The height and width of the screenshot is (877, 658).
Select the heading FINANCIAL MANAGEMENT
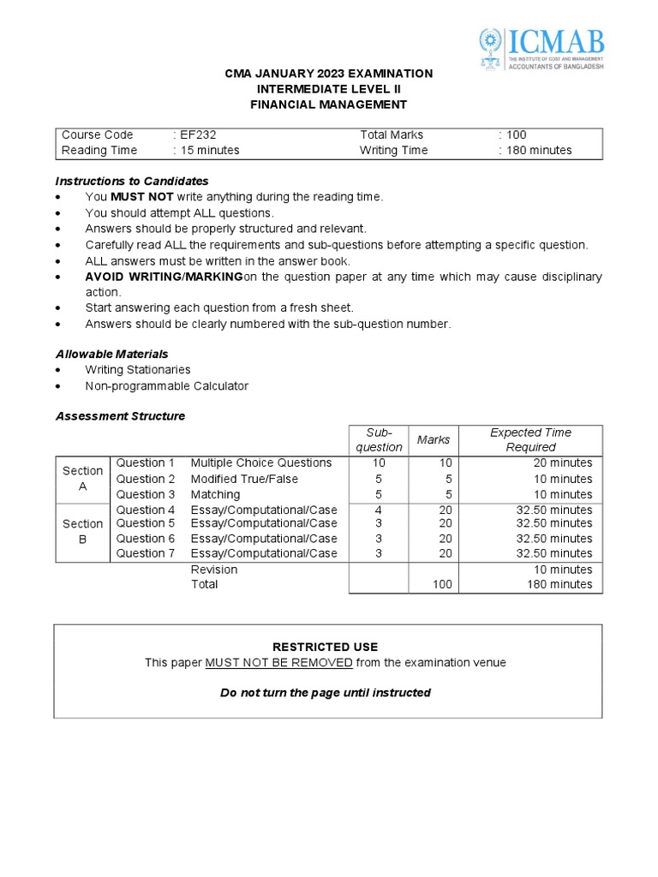point(328,104)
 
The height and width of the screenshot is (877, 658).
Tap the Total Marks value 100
point(516,134)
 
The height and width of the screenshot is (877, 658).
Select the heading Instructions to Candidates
point(132,181)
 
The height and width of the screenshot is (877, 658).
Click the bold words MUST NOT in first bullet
point(142,197)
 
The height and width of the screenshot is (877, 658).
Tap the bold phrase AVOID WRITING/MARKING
point(164,277)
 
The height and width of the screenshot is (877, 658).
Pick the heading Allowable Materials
point(111,354)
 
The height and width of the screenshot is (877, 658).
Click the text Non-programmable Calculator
point(166,386)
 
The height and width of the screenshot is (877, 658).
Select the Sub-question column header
point(378,439)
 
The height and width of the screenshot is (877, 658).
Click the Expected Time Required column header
point(530,439)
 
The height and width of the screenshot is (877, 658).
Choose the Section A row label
point(82,479)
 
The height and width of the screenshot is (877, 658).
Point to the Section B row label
point(82,531)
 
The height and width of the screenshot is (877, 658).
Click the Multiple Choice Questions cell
point(260,463)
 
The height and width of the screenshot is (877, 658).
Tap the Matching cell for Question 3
point(215,494)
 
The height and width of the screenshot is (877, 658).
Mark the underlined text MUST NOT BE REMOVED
point(278,663)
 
